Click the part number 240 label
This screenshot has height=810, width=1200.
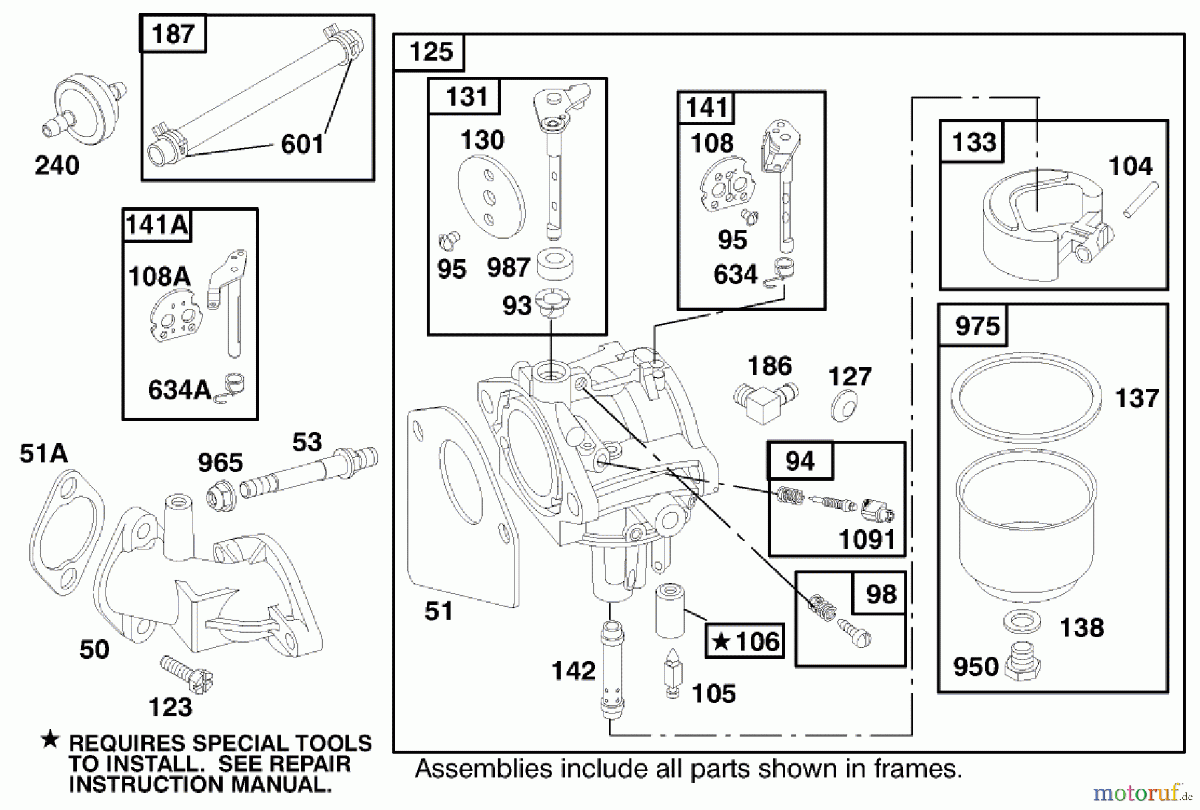point(57,165)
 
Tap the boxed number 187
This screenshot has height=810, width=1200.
point(173,33)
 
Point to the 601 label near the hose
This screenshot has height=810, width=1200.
point(302,144)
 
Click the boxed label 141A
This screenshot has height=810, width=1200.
point(157,225)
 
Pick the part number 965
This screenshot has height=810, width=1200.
point(220,462)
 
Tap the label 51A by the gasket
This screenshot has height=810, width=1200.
point(43,453)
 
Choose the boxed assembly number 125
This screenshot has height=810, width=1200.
point(431,51)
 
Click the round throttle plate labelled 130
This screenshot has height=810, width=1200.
point(492,197)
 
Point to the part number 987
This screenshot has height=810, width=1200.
point(508,267)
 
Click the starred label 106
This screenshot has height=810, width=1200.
point(745,641)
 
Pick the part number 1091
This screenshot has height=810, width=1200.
point(867,539)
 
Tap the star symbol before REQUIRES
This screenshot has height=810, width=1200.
point(50,740)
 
